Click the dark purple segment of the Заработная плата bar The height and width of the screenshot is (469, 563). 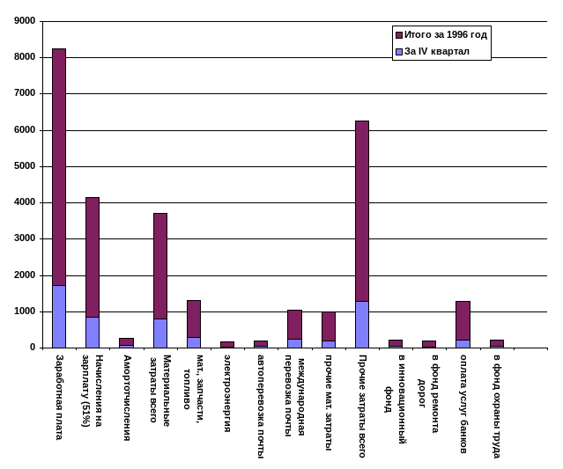pyautogui.click(x=58, y=167)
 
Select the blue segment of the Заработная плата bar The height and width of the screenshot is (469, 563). pyautogui.click(x=58, y=316)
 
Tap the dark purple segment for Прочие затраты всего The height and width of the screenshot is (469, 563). pyautogui.click(x=361, y=211)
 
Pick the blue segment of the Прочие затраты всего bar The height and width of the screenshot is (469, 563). pyautogui.click(x=361, y=324)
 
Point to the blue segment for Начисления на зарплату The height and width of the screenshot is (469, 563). pyautogui.click(x=93, y=332)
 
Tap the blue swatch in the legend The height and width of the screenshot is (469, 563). pyautogui.click(x=399, y=51)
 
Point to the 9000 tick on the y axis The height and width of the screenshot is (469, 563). pyautogui.click(x=25, y=21)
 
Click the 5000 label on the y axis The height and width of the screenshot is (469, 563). pyautogui.click(x=25, y=165)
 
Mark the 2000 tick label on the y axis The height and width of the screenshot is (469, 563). pyautogui.click(x=25, y=275)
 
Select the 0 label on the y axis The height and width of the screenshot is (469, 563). pyautogui.click(x=33, y=347)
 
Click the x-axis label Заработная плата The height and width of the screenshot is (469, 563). pyautogui.click(x=59, y=397)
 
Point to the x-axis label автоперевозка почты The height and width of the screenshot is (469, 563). pyautogui.click(x=261, y=406)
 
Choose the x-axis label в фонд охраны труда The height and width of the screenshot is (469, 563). pyautogui.click(x=497, y=406)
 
